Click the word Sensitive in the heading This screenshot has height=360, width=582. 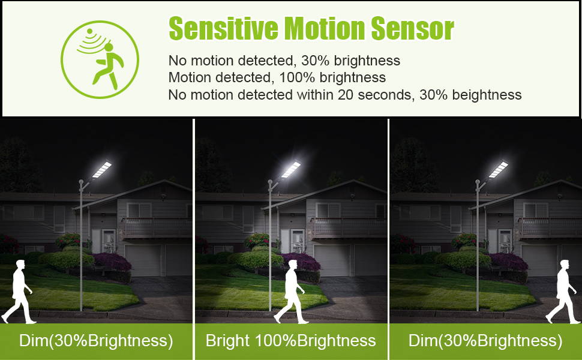click(223, 28)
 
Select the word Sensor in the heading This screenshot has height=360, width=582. click(412, 28)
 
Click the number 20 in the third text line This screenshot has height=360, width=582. click(345, 95)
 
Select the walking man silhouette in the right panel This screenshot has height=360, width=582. click(563, 292)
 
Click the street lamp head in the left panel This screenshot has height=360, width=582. click(101, 169)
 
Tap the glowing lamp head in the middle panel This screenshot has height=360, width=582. click(290, 169)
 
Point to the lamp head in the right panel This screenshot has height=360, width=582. click(498, 169)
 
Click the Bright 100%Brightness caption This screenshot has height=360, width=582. click(290, 340)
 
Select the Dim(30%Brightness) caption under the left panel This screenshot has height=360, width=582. click(96, 340)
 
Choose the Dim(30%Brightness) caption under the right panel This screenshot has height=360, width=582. click(485, 340)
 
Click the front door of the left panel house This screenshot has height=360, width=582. click(109, 241)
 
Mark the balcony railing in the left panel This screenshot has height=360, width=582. click(157, 227)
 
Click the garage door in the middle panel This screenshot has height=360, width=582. click(332, 260)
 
